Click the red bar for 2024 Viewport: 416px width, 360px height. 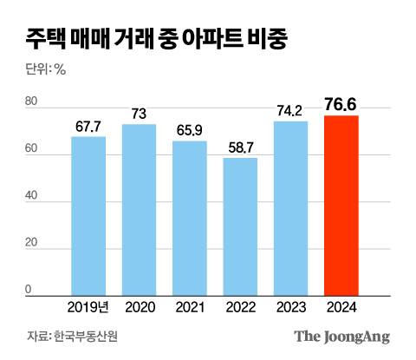[x=341, y=206]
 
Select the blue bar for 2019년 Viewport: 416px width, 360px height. [x=88, y=216]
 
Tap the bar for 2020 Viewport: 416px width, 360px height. [x=139, y=210]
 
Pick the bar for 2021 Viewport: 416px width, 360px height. [x=189, y=219]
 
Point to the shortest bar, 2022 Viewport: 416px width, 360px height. [x=240, y=226]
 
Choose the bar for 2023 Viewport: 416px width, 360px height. [x=290, y=208]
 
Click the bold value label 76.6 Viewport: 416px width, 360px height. [x=341, y=105]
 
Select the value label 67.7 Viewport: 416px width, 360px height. [x=88, y=127]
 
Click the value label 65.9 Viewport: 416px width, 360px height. [x=189, y=131]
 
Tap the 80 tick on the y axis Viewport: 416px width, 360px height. [x=31, y=102]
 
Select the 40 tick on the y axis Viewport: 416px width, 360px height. [x=31, y=196]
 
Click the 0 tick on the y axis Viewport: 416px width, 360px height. [x=28, y=290]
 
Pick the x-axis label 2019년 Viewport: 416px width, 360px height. [x=88, y=306]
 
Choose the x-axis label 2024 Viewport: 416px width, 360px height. [x=341, y=306]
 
